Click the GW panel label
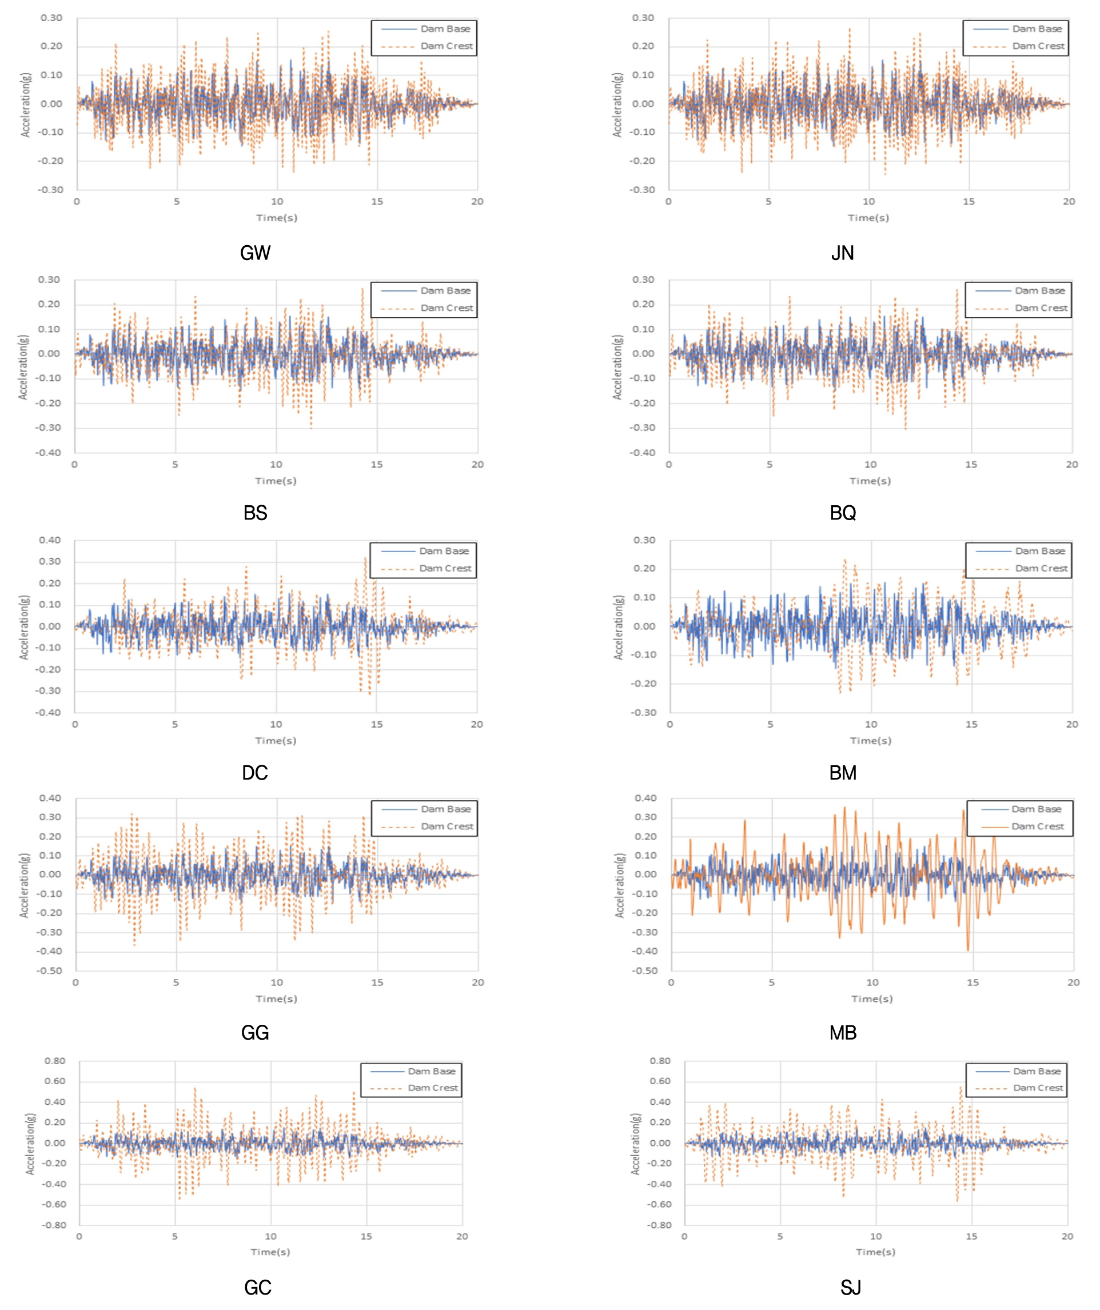point(255,253)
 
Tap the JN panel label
point(842,253)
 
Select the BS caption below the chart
point(255,513)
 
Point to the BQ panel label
point(843,513)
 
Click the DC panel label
point(254,773)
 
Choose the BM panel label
point(843,773)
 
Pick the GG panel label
point(255,1033)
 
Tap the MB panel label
point(843,1033)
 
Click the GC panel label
point(258,1288)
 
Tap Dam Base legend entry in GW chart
point(445,29)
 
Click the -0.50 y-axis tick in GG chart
point(50,970)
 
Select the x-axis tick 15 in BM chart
point(971,724)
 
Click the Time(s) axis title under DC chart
point(276,741)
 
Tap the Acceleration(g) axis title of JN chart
point(617,105)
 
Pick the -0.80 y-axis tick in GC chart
point(54,1225)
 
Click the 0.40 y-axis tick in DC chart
point(50,540)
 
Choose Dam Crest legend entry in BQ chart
point(1041,308)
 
